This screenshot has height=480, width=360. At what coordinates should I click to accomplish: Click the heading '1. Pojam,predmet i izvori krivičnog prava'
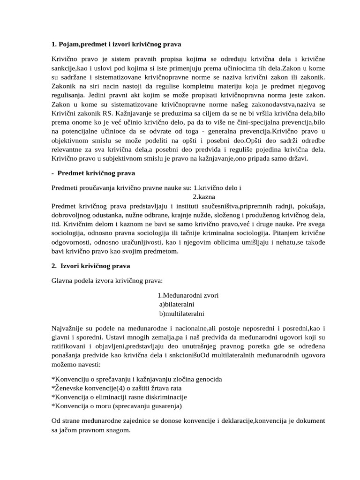116,44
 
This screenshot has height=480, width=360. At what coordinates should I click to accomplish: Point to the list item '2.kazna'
204,196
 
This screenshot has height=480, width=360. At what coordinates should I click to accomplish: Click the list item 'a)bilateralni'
177,304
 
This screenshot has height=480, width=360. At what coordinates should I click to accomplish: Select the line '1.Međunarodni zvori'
188,295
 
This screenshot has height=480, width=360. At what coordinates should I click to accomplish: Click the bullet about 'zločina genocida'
136,379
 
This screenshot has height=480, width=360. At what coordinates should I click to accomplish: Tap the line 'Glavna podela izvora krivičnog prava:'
107,281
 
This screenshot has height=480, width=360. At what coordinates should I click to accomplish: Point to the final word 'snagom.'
116,430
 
